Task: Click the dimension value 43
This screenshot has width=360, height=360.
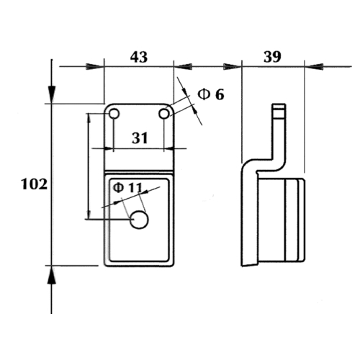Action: [x=139, y=58]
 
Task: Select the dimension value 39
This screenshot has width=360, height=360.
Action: [x=272, y=57]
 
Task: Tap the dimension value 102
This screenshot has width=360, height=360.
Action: [x=35, y=184]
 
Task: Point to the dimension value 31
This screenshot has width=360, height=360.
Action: [x=140, y=138]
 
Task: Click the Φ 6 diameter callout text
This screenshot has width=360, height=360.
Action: [x=211, y=94]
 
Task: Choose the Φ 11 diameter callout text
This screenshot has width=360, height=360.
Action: [x=127, y=187]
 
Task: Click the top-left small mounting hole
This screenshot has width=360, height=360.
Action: [x=114, y=114]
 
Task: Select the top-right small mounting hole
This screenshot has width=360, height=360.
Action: [x=164, y=114]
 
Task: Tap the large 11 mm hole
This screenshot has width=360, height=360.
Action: [x=139, y=220]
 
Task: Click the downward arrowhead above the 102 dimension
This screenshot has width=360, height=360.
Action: [x=51, y=94]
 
